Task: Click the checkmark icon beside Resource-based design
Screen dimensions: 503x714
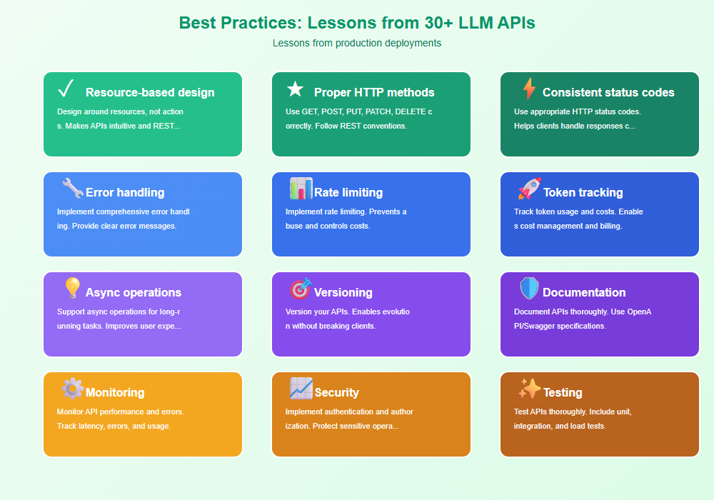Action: coord(66,89)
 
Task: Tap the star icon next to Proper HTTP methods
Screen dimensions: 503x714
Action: coord(295,89)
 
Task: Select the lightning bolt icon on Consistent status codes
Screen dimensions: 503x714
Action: coord(529,89)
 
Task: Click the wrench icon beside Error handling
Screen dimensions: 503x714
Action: coord(72,189)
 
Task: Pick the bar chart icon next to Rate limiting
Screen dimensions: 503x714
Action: coord(301,189)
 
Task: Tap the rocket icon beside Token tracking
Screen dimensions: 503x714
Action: coord(529,189)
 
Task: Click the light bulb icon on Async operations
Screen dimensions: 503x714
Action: coord(72,288)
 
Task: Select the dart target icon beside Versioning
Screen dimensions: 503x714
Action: coord(301,289)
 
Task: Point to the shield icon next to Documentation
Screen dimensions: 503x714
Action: coord(529,289)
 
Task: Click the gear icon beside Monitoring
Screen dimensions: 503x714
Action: coord(72,389)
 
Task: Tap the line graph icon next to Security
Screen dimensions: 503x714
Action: coord(301,389)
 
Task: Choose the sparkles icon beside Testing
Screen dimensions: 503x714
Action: coord(529,389)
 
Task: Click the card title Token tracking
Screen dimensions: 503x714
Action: coord(583,192)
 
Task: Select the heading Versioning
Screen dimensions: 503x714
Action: coord(343,292)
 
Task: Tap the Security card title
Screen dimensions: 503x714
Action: coord(336,392)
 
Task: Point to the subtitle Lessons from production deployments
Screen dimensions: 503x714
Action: coord(357,43)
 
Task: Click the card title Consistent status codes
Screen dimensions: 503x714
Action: coord(608,92)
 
